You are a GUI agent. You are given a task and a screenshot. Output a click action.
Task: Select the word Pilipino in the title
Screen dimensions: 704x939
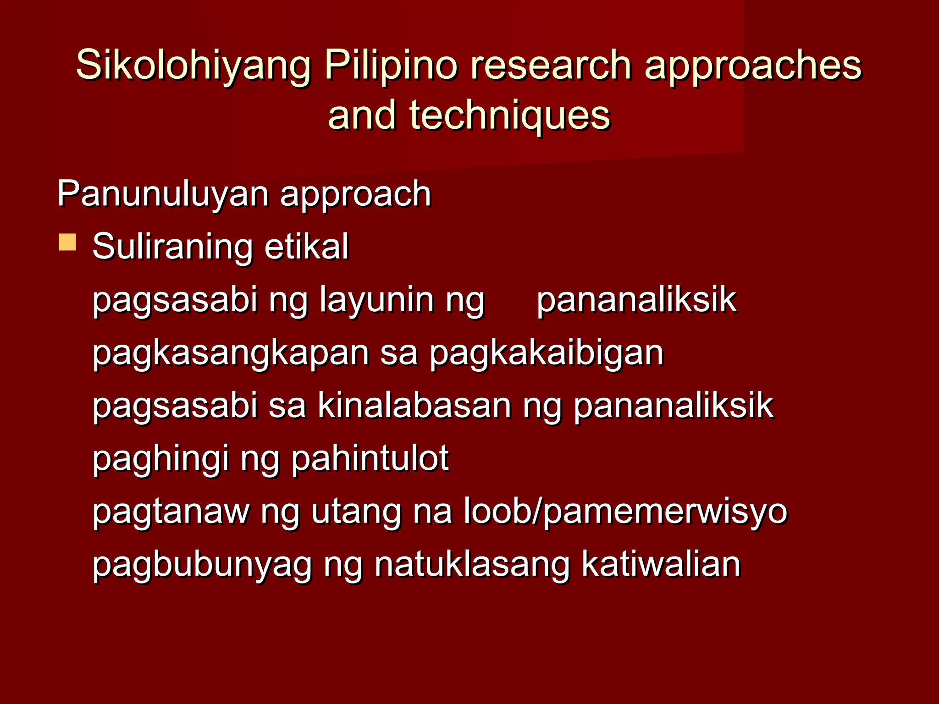tap(391, 66)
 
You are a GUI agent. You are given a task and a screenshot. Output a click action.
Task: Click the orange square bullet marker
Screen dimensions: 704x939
tap(67, 242)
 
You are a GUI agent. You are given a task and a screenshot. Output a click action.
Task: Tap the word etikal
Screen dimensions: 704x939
tap(306, 247)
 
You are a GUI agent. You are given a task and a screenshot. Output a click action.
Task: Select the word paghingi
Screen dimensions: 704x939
tap(160, 459)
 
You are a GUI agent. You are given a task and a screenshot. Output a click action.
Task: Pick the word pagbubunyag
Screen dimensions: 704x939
tap(202, 565)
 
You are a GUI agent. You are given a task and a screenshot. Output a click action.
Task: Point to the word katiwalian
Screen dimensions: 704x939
tap(661, 564)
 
